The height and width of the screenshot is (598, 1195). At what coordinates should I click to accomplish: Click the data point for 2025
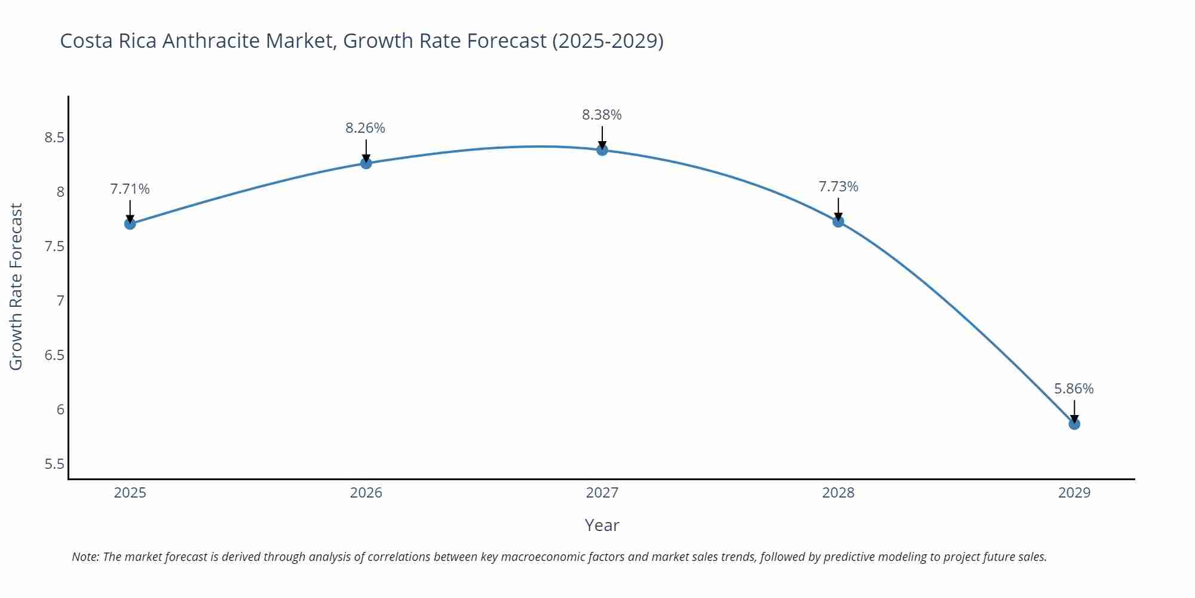(130, 224)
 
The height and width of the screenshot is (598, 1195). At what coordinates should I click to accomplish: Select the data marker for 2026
(366, 163)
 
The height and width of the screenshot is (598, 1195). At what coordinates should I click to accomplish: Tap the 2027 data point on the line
(602, 149)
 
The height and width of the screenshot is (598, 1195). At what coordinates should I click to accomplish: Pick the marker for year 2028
(838, 221)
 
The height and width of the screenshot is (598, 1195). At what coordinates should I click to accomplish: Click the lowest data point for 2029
(1074, 424)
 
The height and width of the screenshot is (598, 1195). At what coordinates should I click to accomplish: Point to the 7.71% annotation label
(130, 189)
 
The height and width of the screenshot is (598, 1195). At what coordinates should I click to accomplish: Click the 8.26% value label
(365, 128)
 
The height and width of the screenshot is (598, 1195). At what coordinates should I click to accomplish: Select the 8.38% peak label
(602, 115)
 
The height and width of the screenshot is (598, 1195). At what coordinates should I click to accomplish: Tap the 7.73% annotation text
(838, 187)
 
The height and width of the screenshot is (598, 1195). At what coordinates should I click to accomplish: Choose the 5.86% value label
(1073, 389)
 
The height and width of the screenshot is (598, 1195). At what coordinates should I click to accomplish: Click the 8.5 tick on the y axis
(54, 138)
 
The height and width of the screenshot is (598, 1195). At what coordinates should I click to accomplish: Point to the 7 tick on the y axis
(60, 301)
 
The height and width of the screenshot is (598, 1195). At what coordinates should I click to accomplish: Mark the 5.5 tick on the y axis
(54, 464)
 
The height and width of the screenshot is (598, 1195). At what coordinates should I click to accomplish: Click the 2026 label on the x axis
(366, 493)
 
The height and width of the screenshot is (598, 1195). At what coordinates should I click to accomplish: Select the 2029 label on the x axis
(1074, 493)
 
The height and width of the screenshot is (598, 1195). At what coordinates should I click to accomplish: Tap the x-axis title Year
(602, 525)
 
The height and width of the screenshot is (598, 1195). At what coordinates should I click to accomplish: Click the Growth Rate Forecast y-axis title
(16, 287)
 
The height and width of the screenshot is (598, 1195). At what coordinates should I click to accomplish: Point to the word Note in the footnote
(85, 557)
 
